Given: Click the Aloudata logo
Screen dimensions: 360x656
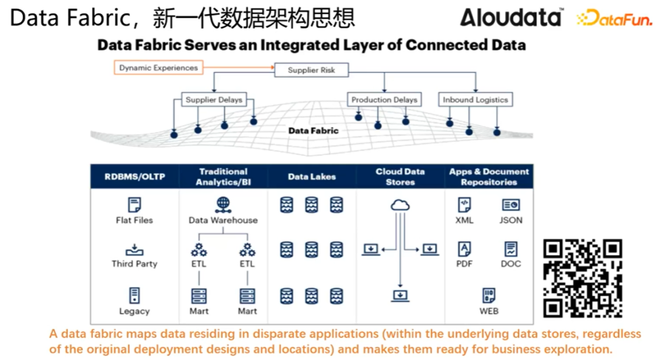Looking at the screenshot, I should pyautogui.click(x=511, y=17).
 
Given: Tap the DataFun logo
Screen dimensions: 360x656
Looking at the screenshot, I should pyautogui.click(x=614, y=19).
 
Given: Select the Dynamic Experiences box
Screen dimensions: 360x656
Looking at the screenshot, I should pyautogui.click(x=158, y=68).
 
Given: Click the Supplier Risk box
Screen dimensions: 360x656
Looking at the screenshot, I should pyautogui.click(x=311, y=70).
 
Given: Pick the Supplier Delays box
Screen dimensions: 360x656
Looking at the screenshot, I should pyautogui.click(x=214, y=100).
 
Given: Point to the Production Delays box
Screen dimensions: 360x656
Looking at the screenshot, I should pyautogui.click(x=384, y=100).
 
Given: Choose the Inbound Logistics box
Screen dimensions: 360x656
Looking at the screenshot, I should pyautogui.click(x=475, y=100).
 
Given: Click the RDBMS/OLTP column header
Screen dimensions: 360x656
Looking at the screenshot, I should pyautogui.click(x=134, y=177).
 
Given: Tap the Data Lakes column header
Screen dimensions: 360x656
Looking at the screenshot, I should pyautogui.click(x=312, y=177).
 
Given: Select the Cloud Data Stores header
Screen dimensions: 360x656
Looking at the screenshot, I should pyautogui.click(x=400, y=177).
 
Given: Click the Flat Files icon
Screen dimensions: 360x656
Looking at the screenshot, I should pyautogui.click(x=134, y=205).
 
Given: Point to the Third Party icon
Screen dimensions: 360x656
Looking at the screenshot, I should pyautogui.click(x=134, y=250).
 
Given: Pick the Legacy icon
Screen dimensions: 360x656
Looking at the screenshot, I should pyautogui.click(x=134, y=296).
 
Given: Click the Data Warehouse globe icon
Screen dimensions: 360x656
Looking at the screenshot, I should pyautogui.click(x=223, y=205).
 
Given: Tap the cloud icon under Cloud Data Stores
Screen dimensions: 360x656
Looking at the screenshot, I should pyautogui.click(x=400, y=205).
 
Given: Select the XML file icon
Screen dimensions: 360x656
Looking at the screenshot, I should pyautogui.click(x=464, y=205).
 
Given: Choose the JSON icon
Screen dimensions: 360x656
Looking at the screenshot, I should pyautogui.click(x=511, y=205).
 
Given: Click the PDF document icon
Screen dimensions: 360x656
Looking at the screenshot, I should pyautogui.click(x=464, y=249).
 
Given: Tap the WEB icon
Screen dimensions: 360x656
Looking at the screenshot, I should pyautogui.click(x=489, y=296).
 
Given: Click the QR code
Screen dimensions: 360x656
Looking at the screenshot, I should pyautogui.click(x=583, y=278).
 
